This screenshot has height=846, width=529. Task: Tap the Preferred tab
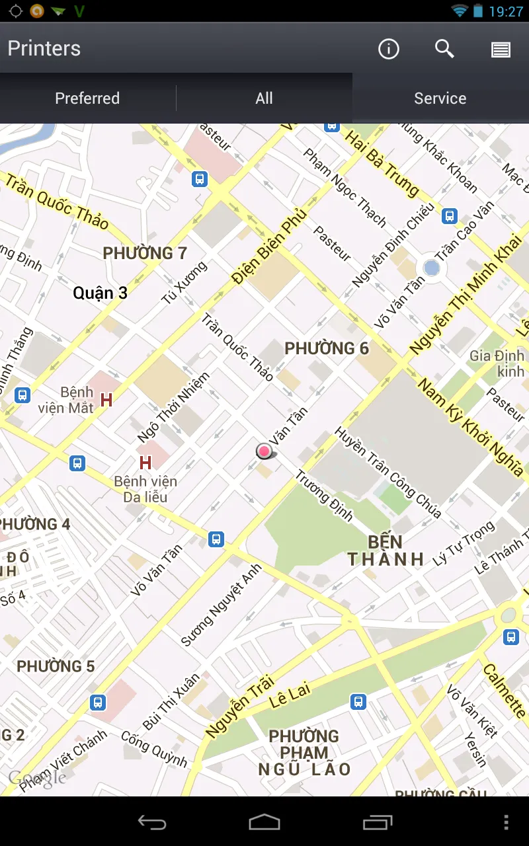(87, 98)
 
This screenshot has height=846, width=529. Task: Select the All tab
(264, 98)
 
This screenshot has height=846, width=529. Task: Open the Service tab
(440, 98)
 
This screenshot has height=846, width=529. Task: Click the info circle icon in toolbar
(389, 49)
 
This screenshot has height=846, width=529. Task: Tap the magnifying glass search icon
(444, 49)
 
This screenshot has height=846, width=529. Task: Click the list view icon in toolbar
(501, 50)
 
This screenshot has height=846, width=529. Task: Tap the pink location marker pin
(264, 451)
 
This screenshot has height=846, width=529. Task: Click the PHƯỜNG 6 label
(326, 348)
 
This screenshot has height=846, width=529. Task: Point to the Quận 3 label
(101, 293)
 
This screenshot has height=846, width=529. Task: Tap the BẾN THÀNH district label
(386, 551)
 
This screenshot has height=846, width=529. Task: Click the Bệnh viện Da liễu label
(145, 489)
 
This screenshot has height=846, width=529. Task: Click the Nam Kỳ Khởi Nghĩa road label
(471, 427)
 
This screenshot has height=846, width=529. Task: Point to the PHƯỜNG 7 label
(145, 253)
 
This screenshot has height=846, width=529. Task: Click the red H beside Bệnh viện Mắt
(106, 400)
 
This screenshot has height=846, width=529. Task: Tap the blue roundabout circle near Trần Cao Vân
(431, 268)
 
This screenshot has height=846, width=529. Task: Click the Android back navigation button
(152, 822)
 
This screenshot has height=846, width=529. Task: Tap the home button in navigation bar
(264, 822)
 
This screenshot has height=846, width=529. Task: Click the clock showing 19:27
(506, 11)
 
